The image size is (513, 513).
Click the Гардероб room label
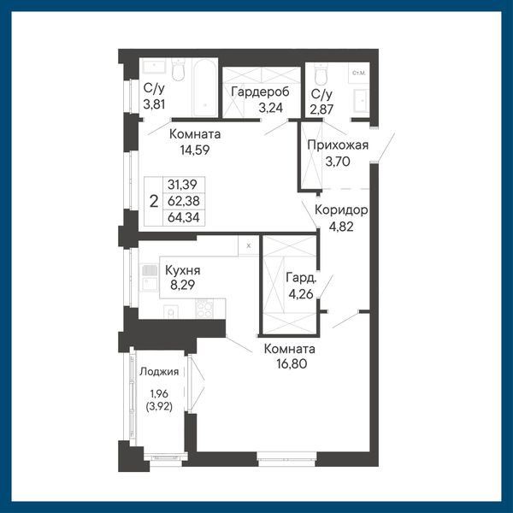coord(260,92)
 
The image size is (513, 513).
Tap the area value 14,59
coord(195,150)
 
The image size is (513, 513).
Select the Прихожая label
coord(338,145)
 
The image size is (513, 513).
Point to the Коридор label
coord(341,210)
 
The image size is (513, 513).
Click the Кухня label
coord(183,270)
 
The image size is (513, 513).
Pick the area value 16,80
coord(292,363)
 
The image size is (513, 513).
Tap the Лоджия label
coord(159,372)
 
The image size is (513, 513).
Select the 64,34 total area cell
coord(184,217)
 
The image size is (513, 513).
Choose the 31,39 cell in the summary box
coord(183,185)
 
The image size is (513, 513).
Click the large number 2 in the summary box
coord(154,202)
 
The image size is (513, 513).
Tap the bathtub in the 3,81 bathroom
coord(205,87)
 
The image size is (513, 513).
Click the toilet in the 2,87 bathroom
coord(321,74)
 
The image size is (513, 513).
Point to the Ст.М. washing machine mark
coord(359,73)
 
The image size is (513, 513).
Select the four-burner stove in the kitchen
coord(204,308)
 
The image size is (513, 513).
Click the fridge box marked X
coord(249,245)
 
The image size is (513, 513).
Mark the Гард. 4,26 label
coord(301,286)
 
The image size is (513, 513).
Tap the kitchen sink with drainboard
coord(150,278)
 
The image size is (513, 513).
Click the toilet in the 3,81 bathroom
coord(179,70)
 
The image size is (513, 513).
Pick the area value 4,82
coord(341,227)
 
